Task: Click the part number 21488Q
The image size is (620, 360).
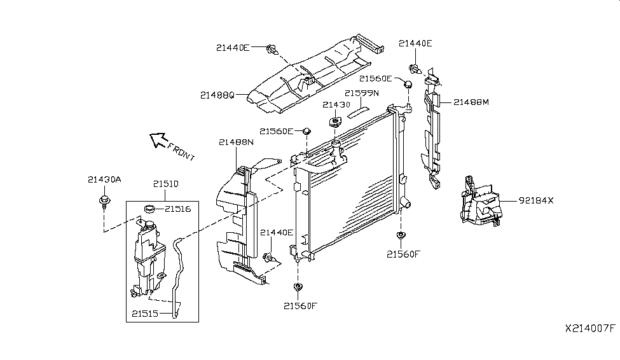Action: point(217,95)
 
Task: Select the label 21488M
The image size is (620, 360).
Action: point(471,101)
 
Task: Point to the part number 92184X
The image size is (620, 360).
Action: point(536,200)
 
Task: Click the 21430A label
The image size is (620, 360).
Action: point(104,179)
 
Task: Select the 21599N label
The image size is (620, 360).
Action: point(362,93)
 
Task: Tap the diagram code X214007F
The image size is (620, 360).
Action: point(590,329)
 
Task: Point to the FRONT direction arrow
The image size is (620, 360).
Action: point(156,139)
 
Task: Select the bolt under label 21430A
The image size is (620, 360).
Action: point(102,202)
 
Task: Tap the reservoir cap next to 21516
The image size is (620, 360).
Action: point(150,208)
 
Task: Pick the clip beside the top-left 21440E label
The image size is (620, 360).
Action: point(272,48)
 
